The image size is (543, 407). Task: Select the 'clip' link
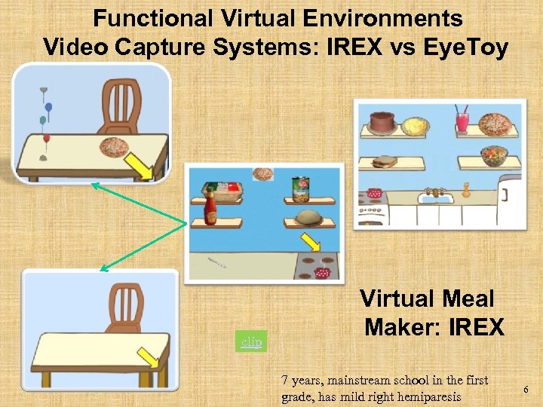coord(250,341)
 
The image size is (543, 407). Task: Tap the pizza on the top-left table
coord(115,147)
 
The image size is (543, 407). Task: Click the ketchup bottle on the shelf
coord(210,205)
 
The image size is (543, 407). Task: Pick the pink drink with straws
coord(462,120)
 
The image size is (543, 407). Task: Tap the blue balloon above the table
coord(48,108)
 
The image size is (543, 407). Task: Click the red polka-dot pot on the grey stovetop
coord(324,272)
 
